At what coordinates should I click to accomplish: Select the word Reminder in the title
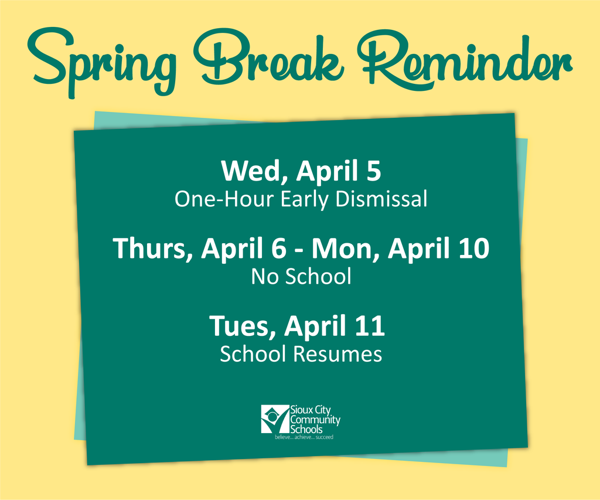tap(465, 59)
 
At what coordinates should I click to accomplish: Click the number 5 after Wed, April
tap(373, 171)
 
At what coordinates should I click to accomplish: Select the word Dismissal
tap(381, 199)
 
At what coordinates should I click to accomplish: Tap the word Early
tap(305, 200)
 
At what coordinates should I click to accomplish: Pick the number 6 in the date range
tap(278, 248)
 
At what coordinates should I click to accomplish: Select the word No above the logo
tap(264, 277)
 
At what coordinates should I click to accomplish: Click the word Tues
tap(242, 326)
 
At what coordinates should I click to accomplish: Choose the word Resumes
tap(337, 354)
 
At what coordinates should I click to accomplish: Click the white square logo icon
tap(275, 419)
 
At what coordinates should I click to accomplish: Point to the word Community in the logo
tap(315, 420)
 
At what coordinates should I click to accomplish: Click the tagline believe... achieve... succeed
tap(304, 437)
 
